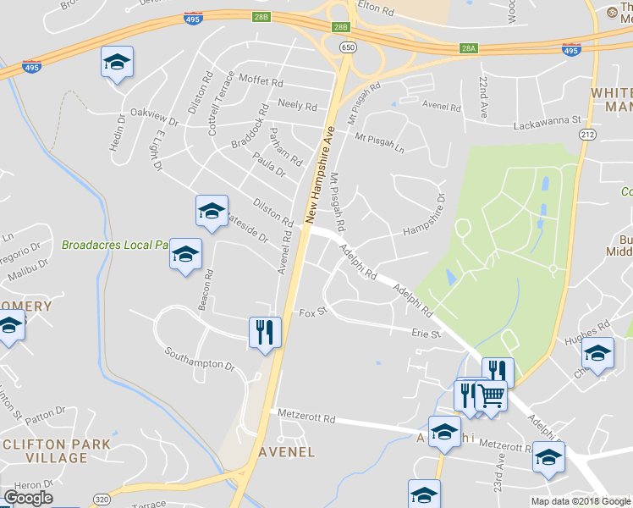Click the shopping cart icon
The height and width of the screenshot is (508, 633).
[x=491, y=395]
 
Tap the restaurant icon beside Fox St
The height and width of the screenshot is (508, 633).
[x=265, y=332]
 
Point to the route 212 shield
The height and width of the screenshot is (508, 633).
[x=587, y=134]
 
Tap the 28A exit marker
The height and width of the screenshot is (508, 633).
[x=470, y=50]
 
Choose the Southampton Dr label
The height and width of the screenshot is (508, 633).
[x=199, y=358]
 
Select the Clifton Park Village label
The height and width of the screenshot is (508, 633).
[x=45, y=450]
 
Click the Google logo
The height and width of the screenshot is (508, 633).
[x=28, y=498]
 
